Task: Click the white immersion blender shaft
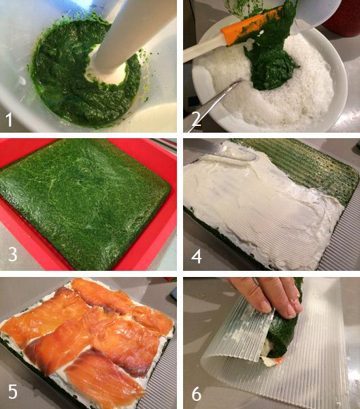(x=129, y=34)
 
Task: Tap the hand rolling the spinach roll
(x=265, y=296)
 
